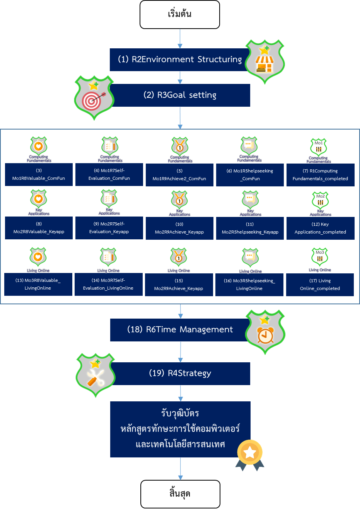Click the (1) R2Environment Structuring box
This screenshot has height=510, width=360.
pos(178,60)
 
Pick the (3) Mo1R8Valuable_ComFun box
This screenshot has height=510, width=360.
pos(39,175)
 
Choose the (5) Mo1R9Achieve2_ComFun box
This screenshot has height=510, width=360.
pos(179,175)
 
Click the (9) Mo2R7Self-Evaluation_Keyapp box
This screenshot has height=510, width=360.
pos(109,228)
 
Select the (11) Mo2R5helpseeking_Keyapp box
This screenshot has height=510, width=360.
pos(250,229)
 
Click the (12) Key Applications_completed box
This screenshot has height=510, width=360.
pos(320,229)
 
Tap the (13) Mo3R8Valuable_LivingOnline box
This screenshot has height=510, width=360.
pos(38,285)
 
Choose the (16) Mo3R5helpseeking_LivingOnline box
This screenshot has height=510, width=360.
pos(249,285)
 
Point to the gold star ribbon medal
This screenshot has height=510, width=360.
pos(250,455)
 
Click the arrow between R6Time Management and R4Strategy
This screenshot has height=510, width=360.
pos(180,352)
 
